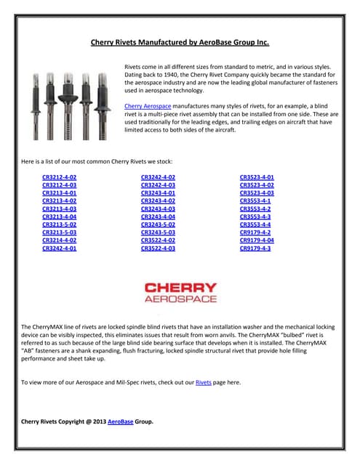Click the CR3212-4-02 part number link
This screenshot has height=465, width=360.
pyautogui.click(x=60, y=177)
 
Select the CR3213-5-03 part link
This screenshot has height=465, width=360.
pyautogui.click(x=60, y=232)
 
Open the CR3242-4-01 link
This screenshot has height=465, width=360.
pyautogui.click(x=60, y=248)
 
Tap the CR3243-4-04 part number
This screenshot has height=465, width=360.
pyautogui.click(x=159, y=217)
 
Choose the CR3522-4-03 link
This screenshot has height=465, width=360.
pyautogui.click(x=159, y=248)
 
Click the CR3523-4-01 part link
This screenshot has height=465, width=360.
pyautogui.click(x=257, y=177)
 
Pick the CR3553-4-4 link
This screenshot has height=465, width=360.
pyautogui.click(x=255, y=225)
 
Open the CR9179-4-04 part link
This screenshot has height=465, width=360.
pyautogui.click(x=257, y=240)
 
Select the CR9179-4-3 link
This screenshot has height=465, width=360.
pyautogui.click(x=255, y=248)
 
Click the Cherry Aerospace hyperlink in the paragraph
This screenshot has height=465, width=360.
pyautogui.click(x=148, y=106)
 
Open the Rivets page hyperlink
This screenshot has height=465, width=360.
pyautogui.click(x=204, y=383)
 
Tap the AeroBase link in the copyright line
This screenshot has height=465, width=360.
pyautogui.click(x=121, y=421)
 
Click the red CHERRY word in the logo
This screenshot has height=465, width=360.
pyautogui.click(x=181, y=288)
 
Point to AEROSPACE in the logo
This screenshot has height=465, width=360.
pyautogui.click(x=181, y=299)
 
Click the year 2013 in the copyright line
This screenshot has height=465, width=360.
pyautogui.click(x=100, y=421)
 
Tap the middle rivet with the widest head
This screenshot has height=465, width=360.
pyautogui.click(x=68, y=106)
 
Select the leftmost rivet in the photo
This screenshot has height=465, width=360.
pyautogui.click(x=36, y=107)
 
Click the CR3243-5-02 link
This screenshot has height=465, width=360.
pyautogui.click(x=159, y=225)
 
